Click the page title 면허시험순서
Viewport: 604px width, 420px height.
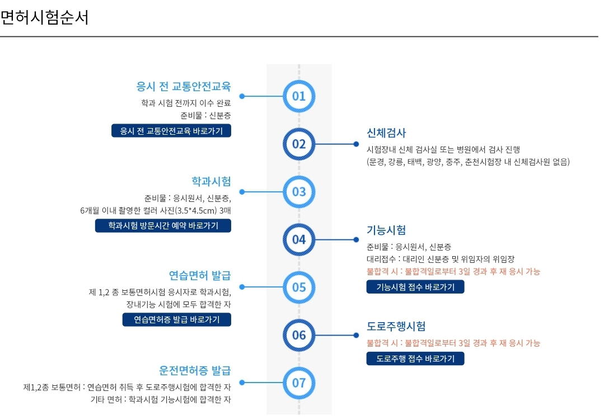[44, 18]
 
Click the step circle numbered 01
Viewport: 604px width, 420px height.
[299, 96]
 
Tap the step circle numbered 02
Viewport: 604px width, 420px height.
[299, 144]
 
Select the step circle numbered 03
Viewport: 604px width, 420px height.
[299, 192]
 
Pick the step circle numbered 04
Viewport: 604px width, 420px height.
[299, 240]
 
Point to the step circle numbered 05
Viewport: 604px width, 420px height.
[299, 287]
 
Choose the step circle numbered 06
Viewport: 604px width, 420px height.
[299, 335]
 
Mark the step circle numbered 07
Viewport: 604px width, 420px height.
[299, 383]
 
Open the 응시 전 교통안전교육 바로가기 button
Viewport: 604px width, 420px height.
[171, 131]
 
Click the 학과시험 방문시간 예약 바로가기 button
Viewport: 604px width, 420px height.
[163, 226]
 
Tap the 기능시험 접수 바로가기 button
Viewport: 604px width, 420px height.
[415, 287]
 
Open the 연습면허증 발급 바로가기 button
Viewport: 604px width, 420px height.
[177, 320]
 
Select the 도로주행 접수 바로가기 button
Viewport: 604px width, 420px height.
[415, 358]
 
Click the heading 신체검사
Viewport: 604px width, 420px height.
[386, 133]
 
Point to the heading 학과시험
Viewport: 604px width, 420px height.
[211, 181]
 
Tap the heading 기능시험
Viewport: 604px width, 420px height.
[386, 230]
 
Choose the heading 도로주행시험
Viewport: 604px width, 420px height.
[396, 327]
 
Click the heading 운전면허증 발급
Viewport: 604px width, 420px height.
[195, 371]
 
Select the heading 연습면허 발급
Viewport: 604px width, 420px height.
[200, 276]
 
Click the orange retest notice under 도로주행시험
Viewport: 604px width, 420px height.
[453, 343]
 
